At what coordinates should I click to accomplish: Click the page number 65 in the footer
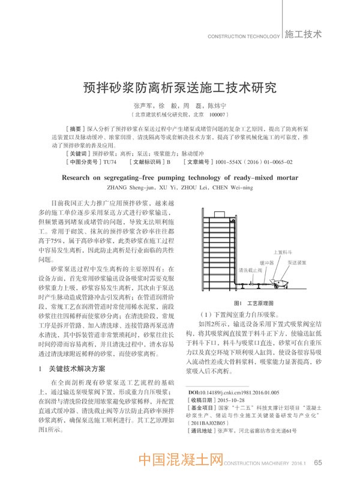click(319, 462)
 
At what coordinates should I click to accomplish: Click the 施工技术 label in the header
click(303, 34)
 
